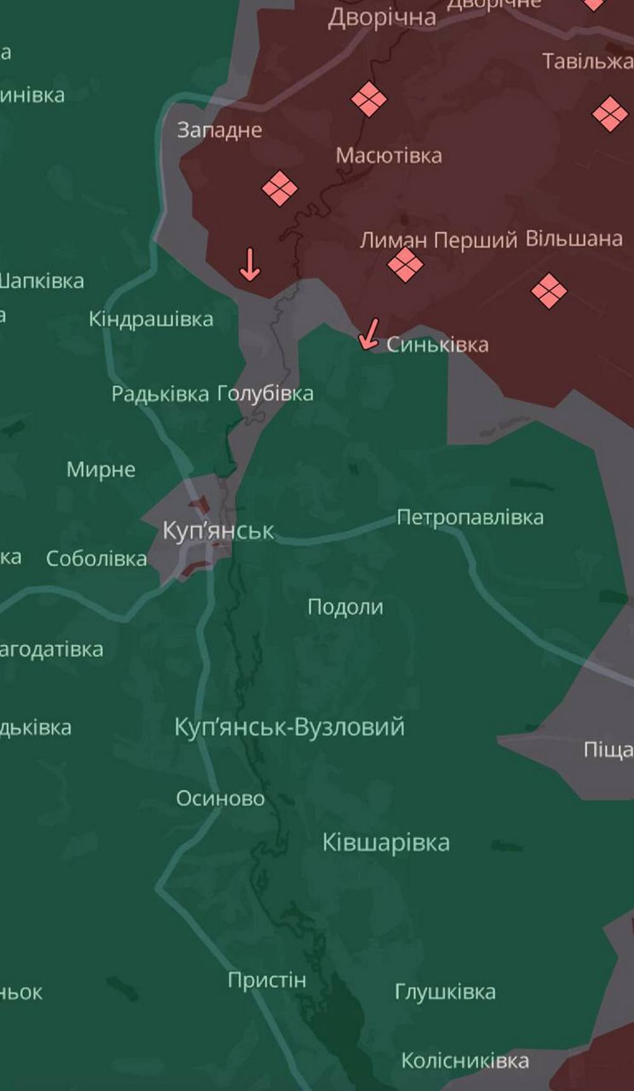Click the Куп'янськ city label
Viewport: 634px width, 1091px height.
(x=219, y=530)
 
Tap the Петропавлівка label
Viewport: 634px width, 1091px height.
(x=470, y=518)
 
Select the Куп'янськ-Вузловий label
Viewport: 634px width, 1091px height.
(x=289, y=727)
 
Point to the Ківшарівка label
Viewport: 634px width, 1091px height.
(x=386, y=843)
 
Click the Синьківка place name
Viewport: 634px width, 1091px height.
(x=437, y=345)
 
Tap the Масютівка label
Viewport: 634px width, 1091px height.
(x=389, y=155)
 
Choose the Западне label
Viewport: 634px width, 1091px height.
(x=219, y=130)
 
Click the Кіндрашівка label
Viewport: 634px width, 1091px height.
(x=151, y=318)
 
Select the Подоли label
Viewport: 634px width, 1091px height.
(x=345, y=607)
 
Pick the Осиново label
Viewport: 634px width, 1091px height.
(x=220, y=798)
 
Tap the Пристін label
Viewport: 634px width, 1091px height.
(x=267, y=980)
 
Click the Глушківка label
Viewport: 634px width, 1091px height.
(x=445, y=991)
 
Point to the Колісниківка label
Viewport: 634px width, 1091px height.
(x=465, y=1061)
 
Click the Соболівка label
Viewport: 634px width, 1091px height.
(x=96, y=559)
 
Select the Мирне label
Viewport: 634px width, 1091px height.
(x=101, y=469)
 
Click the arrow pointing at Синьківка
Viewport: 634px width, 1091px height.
(x=369, y=334)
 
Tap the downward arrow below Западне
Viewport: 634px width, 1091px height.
(x=250, y=265)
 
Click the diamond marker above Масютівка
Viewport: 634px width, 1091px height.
(x=369, y=99)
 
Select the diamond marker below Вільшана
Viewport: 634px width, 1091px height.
(x=549, y=291)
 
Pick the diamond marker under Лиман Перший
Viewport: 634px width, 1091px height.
(x=405, y=265)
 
